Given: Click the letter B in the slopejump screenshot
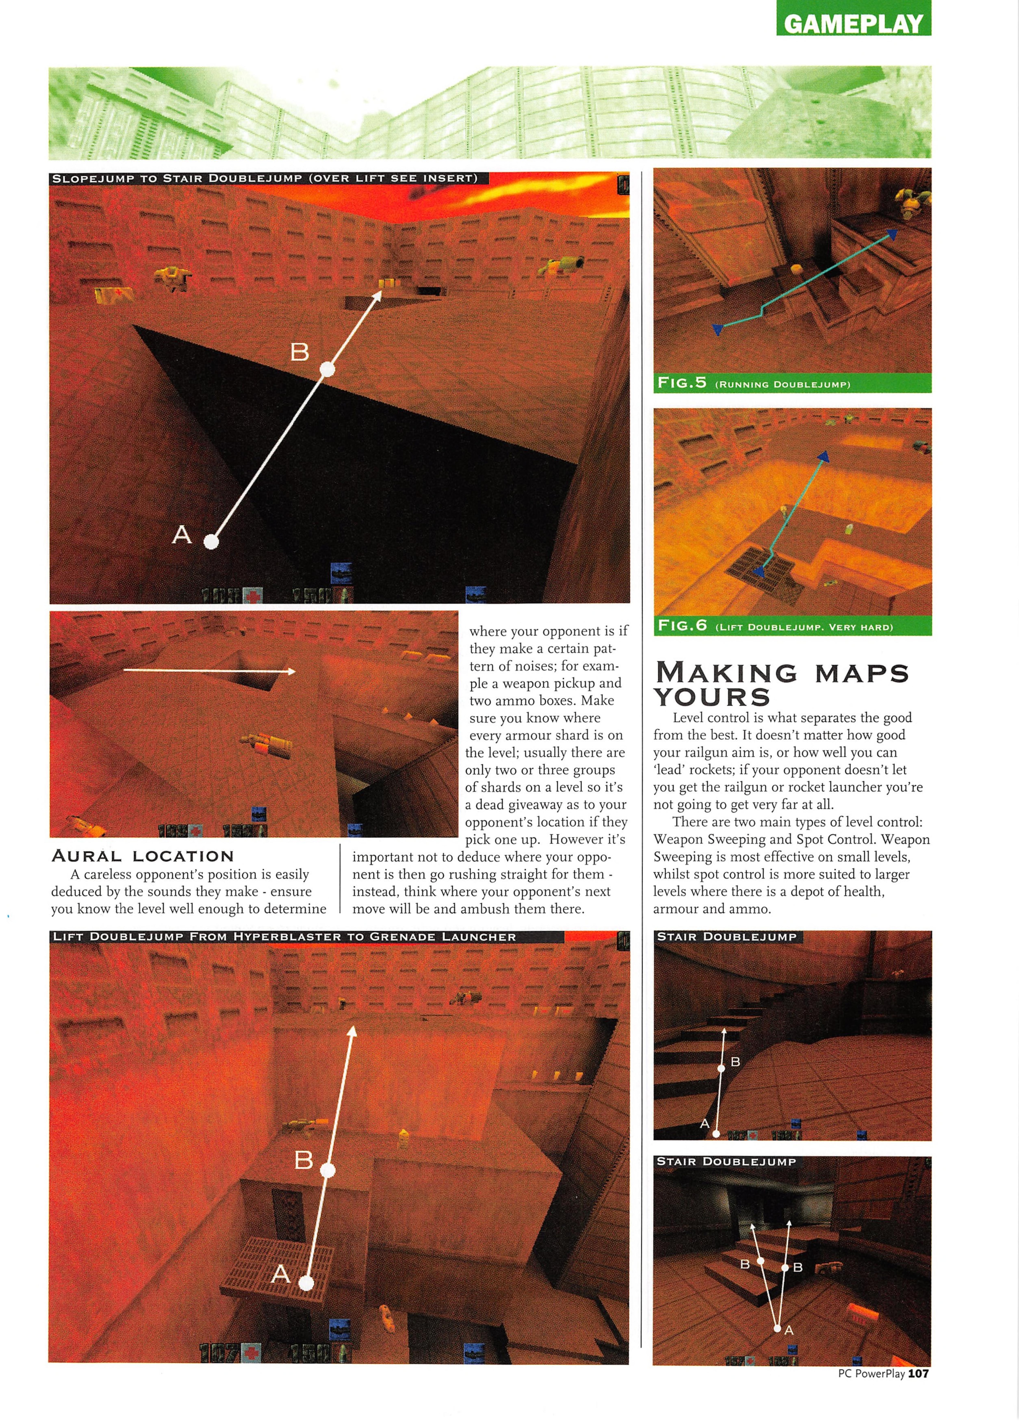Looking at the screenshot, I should tap(300, 352).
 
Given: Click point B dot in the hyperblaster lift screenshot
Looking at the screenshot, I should tap(327, 1170).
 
